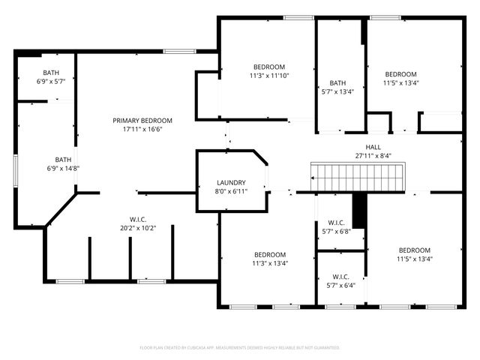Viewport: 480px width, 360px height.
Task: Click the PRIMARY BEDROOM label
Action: click(142, 121)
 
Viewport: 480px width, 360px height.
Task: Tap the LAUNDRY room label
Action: click(232, 183)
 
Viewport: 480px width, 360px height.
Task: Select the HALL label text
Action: click(373, 147)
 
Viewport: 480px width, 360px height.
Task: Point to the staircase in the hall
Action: click(358, 178)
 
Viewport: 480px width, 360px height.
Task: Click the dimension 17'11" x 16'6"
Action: click(142, 129)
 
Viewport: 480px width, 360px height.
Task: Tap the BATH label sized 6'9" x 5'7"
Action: click(52, 52)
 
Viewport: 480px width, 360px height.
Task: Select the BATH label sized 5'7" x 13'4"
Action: click(337, 83)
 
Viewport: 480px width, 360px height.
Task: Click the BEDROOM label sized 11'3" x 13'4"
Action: click(268, 254)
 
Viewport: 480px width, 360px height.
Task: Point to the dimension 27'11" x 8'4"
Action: click(373, 155)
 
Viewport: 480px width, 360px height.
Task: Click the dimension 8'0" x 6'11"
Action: click(232, 191)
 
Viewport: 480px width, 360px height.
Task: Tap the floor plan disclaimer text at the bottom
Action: click(240, 348)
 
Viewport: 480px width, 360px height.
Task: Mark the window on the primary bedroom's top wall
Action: click(177, 51)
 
